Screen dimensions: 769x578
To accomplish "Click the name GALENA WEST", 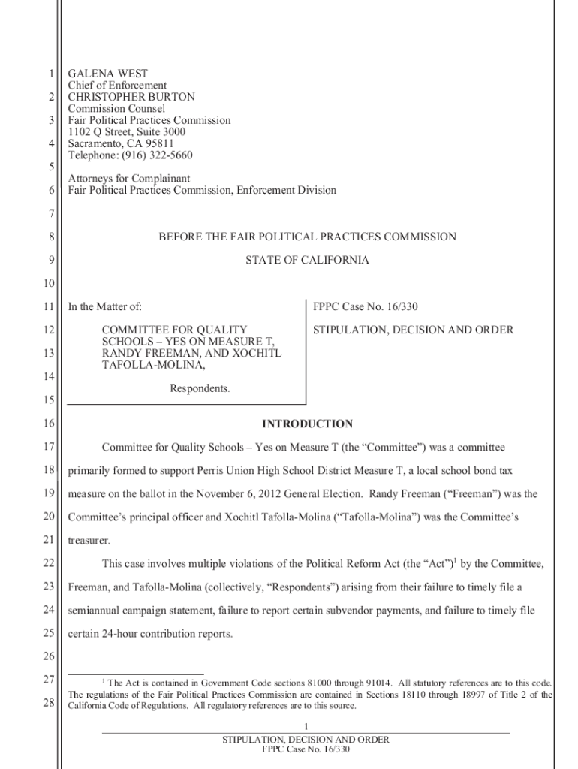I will click(x=108, y=74).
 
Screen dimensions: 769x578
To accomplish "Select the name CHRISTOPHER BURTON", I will click(x=131, y=97).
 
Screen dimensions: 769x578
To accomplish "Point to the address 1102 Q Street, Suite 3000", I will click(x=127, y=132).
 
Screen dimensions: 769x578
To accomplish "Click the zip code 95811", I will click(x=158, y=143).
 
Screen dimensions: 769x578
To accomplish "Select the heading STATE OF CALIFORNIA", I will click(x=307, y=261).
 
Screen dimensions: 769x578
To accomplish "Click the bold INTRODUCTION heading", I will click(x=307, y=424).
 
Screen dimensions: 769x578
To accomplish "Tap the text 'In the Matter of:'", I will click(x=105, y=306).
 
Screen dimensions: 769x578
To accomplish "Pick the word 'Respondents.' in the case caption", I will click(x=200, y=389).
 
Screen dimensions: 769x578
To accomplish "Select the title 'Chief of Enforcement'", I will click(x=117, y=86).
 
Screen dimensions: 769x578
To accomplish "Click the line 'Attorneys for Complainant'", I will click(x=129, y=179).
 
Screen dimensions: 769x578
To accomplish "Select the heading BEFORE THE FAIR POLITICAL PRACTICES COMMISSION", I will click(x=307, y=237).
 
